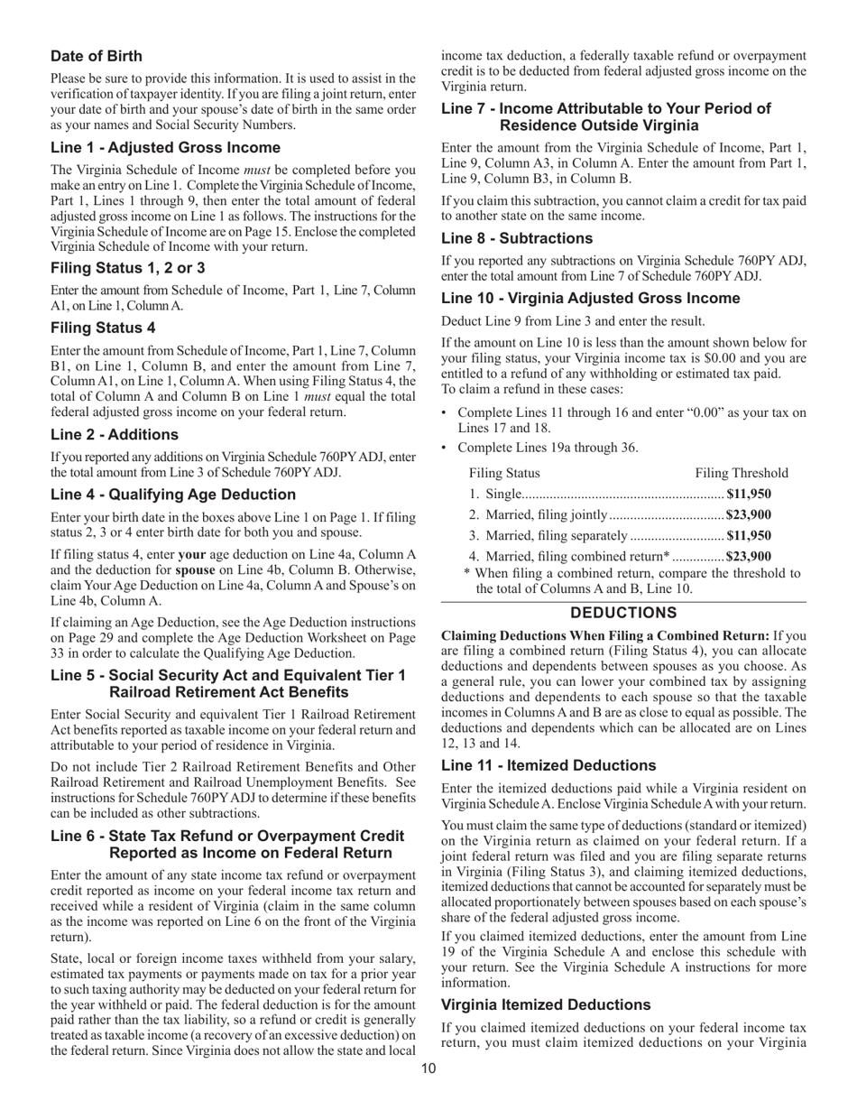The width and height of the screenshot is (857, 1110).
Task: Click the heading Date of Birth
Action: tap(96, 56)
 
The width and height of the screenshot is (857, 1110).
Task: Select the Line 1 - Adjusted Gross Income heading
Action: tap(165, 147)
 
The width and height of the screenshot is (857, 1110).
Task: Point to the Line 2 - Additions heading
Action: tap(115, 434)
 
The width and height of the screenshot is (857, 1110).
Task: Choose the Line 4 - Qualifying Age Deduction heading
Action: tap(173, 495)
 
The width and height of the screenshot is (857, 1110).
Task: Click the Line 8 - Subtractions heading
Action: tap(517, 238)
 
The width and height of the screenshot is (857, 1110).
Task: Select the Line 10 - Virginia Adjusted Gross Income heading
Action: tap(590, 298)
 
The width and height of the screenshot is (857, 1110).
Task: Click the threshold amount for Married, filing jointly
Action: tap(749, 514)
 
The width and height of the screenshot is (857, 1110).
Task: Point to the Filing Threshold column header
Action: tap(742, 473)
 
